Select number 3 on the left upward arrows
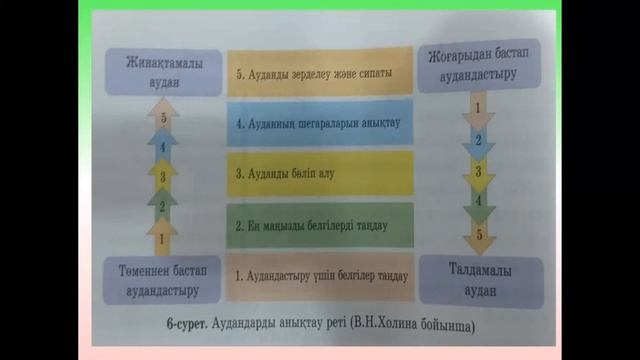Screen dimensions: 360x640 tap(162, 177)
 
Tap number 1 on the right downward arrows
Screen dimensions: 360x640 tap(479, 106)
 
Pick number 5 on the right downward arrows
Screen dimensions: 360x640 tap(479, 235)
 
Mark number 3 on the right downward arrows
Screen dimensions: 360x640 tap(479, 171)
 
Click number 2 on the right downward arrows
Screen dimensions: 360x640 tap(479, 139)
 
